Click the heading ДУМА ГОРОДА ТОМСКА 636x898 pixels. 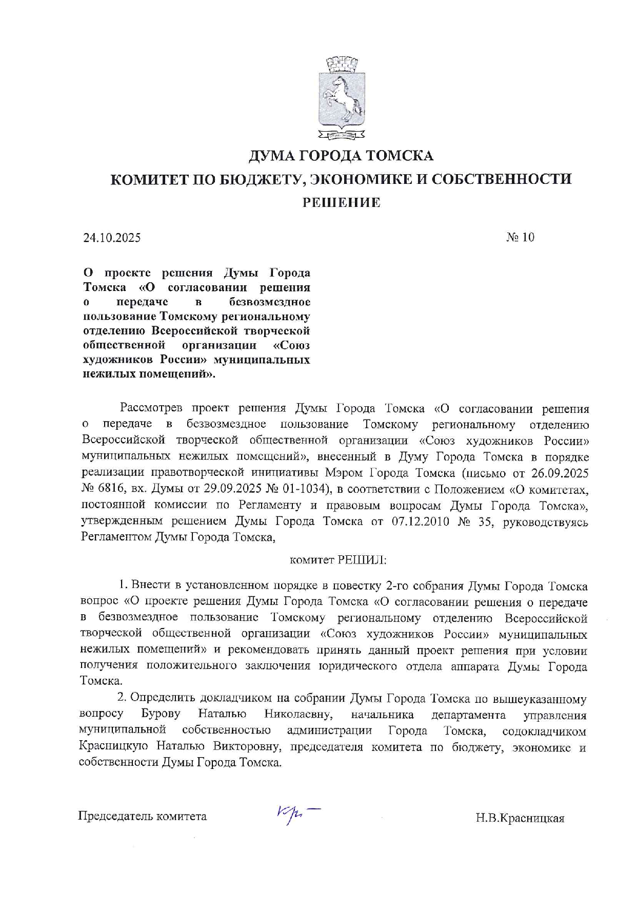(x=341, y=155)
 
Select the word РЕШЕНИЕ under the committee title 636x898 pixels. (x=341, y=203)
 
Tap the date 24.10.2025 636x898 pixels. (x=112, y=238)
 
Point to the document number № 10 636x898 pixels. (x=520, y=237)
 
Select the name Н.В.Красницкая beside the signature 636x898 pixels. (x=520, y=818)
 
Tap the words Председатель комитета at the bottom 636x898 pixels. (x=143, y=816)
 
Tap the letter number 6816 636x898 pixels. (x=111, y=489)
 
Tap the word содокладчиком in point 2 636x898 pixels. (x=544, y=731)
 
